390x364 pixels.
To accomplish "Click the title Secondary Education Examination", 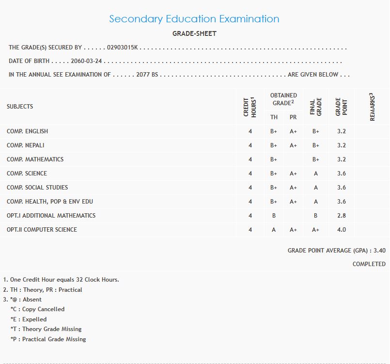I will click(x=194, y=19).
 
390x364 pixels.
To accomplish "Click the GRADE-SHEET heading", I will click(x=194, y=33).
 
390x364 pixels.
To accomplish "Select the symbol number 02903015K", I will click(x=123, y=47).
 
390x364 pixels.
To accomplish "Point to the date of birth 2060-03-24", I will click(x=87, y=61).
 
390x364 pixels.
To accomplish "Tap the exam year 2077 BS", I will click(x=147, y=75).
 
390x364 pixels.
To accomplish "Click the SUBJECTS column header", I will click(x=20, y=107).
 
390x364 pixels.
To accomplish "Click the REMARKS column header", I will click(x=372, y=107).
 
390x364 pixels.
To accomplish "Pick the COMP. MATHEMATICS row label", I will click(x=35, y=159).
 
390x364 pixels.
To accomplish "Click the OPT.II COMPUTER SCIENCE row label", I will click(x=42, y=230).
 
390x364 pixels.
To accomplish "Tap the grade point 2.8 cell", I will click(x=341, y=216).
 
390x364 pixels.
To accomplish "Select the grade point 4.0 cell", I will click(x=341, y=230).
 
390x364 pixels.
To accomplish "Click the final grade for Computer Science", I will click(x=315, y=230).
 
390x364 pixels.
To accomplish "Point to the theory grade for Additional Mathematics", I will click(x=274, y=216).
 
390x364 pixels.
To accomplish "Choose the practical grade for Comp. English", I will click(x=293, y=131).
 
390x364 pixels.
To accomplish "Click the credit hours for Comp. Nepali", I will click(x=250, y=145).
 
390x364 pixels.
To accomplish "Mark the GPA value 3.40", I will click(x=379, y=251).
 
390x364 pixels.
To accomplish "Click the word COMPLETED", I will click(x=369, y=264).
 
